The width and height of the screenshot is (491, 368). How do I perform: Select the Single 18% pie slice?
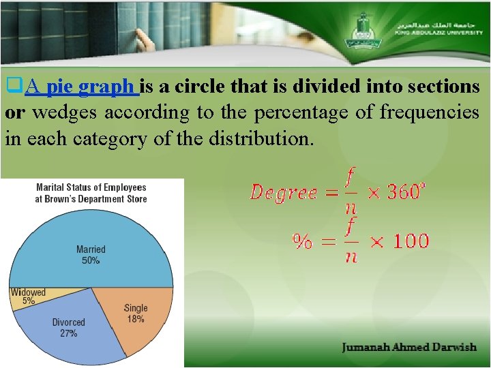point(134,315)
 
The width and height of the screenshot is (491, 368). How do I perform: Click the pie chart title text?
point(91,193)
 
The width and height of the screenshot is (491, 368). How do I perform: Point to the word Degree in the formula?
point(283,193)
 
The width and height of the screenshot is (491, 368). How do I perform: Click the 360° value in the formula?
point(407,192)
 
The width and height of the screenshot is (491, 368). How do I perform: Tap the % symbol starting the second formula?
point(303,241)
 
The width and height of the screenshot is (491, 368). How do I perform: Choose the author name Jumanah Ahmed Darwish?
point(409,348)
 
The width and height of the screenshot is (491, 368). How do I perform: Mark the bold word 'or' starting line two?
point(16,112)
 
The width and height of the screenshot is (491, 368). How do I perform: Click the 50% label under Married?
point(91,260)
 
